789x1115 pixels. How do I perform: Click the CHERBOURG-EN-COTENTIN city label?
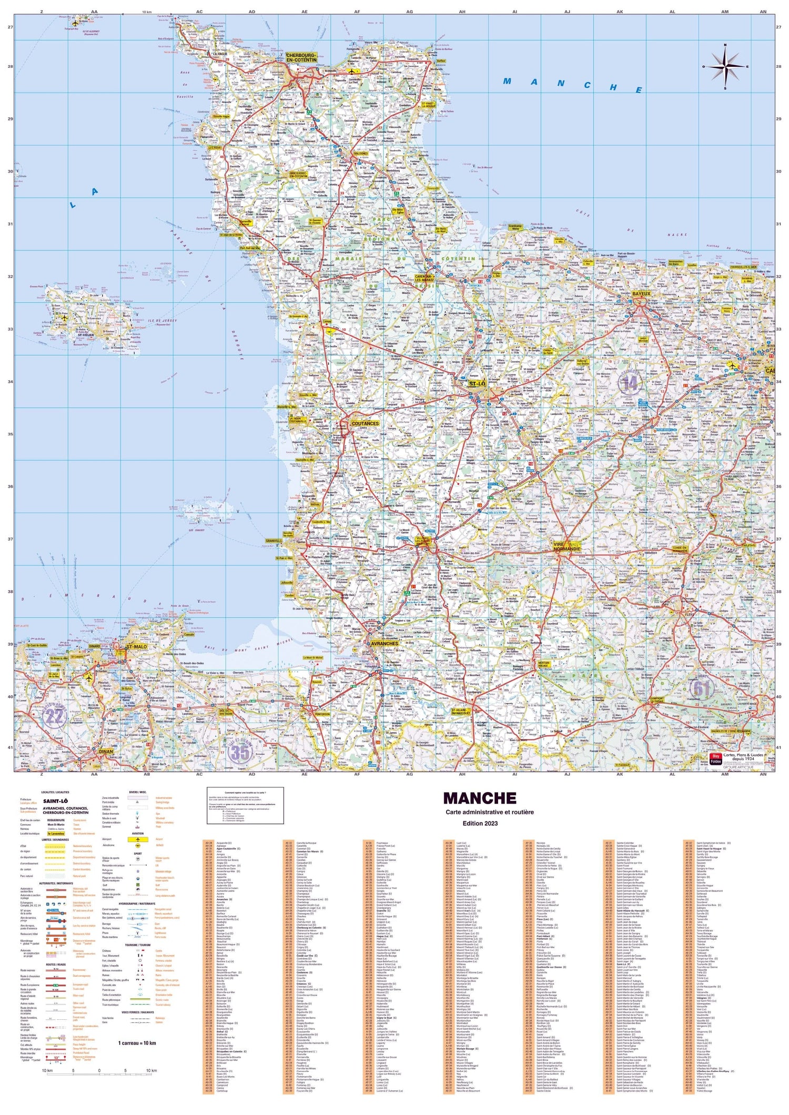[301, 57]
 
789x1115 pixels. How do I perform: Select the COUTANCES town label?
[365, 423]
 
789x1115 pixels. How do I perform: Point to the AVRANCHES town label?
[385, 643]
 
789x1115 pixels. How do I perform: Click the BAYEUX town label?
[642, 293]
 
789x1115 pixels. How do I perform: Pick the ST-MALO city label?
[136, 646]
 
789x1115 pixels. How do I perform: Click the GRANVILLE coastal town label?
[274, 540]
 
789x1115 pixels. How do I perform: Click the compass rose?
[725, 67]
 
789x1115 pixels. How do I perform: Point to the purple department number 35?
[240, 753]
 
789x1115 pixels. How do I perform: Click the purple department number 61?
[702, 687]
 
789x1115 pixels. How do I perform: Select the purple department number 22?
[54, 716]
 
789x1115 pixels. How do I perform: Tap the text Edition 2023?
[479, 823]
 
